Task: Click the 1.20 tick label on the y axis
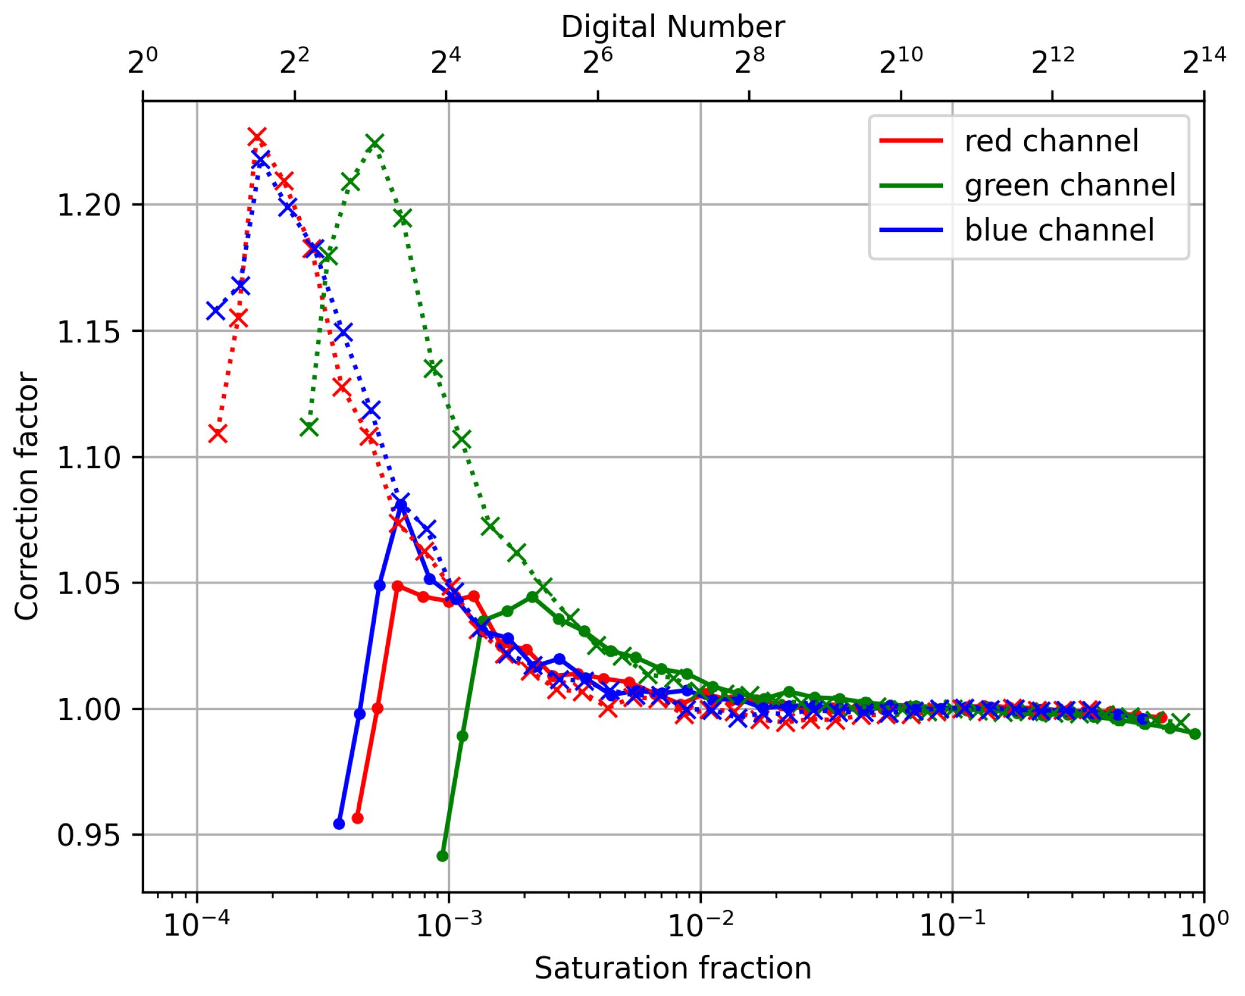88,205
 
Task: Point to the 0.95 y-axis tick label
88,836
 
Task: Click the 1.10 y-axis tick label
88,457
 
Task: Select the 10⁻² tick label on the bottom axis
700,925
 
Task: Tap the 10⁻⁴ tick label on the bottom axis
196,925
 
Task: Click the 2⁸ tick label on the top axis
749,61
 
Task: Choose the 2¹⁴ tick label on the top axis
1203,61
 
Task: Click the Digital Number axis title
673,27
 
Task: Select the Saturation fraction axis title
673,968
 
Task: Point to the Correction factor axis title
27,496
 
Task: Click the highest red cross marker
257,138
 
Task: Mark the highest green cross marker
375,143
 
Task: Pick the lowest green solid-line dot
442,856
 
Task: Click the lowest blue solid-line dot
339,824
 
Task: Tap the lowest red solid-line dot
358,818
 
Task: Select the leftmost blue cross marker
216,310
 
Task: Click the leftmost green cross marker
309,427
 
